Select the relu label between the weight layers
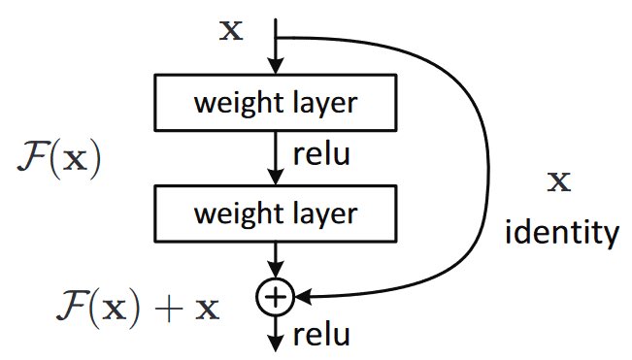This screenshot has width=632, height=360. click(x=321, y=154)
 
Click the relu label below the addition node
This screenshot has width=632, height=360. click(x=321, y=335)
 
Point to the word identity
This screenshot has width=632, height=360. click(x=561, y=232)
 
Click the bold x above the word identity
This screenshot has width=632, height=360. click(x=559, y=182)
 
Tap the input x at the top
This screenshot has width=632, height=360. click(x=231, y=31)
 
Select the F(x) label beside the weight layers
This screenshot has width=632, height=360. click(x=59, y=158)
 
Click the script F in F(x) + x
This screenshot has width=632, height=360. click(x=72, y=308)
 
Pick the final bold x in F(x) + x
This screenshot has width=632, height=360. click(x=208, y=310)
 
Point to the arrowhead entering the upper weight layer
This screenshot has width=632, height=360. click(x=276, y=66)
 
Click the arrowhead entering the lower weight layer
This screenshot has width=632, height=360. click(x=276, y=178)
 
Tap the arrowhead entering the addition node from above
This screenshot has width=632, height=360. click(x=276, y=270)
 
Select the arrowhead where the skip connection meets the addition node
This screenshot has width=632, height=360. click(x=303, y=297)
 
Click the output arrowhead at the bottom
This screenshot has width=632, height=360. click(x=276, y=344)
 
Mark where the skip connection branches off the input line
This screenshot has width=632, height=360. click(x=276, y=38)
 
